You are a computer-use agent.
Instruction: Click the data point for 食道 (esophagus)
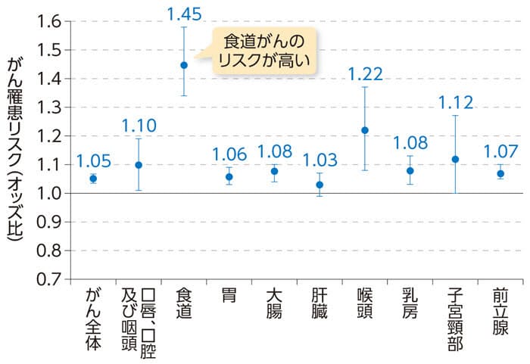tap(184, 65)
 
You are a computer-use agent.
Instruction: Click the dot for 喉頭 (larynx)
tap(365, 130)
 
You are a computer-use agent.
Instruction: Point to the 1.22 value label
tap(365, 74)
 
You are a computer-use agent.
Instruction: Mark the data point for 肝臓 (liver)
tap(320, 185)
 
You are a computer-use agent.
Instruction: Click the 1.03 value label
tap(320, 160)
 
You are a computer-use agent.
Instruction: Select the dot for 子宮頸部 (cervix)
tap(455, 159)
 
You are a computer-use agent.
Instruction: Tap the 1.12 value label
tap(455, 102)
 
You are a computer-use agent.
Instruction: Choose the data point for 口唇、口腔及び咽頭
tap(139, 164)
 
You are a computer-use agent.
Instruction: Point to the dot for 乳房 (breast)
tap(410, 170)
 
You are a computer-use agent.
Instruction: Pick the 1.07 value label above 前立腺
tap(500, 152)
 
